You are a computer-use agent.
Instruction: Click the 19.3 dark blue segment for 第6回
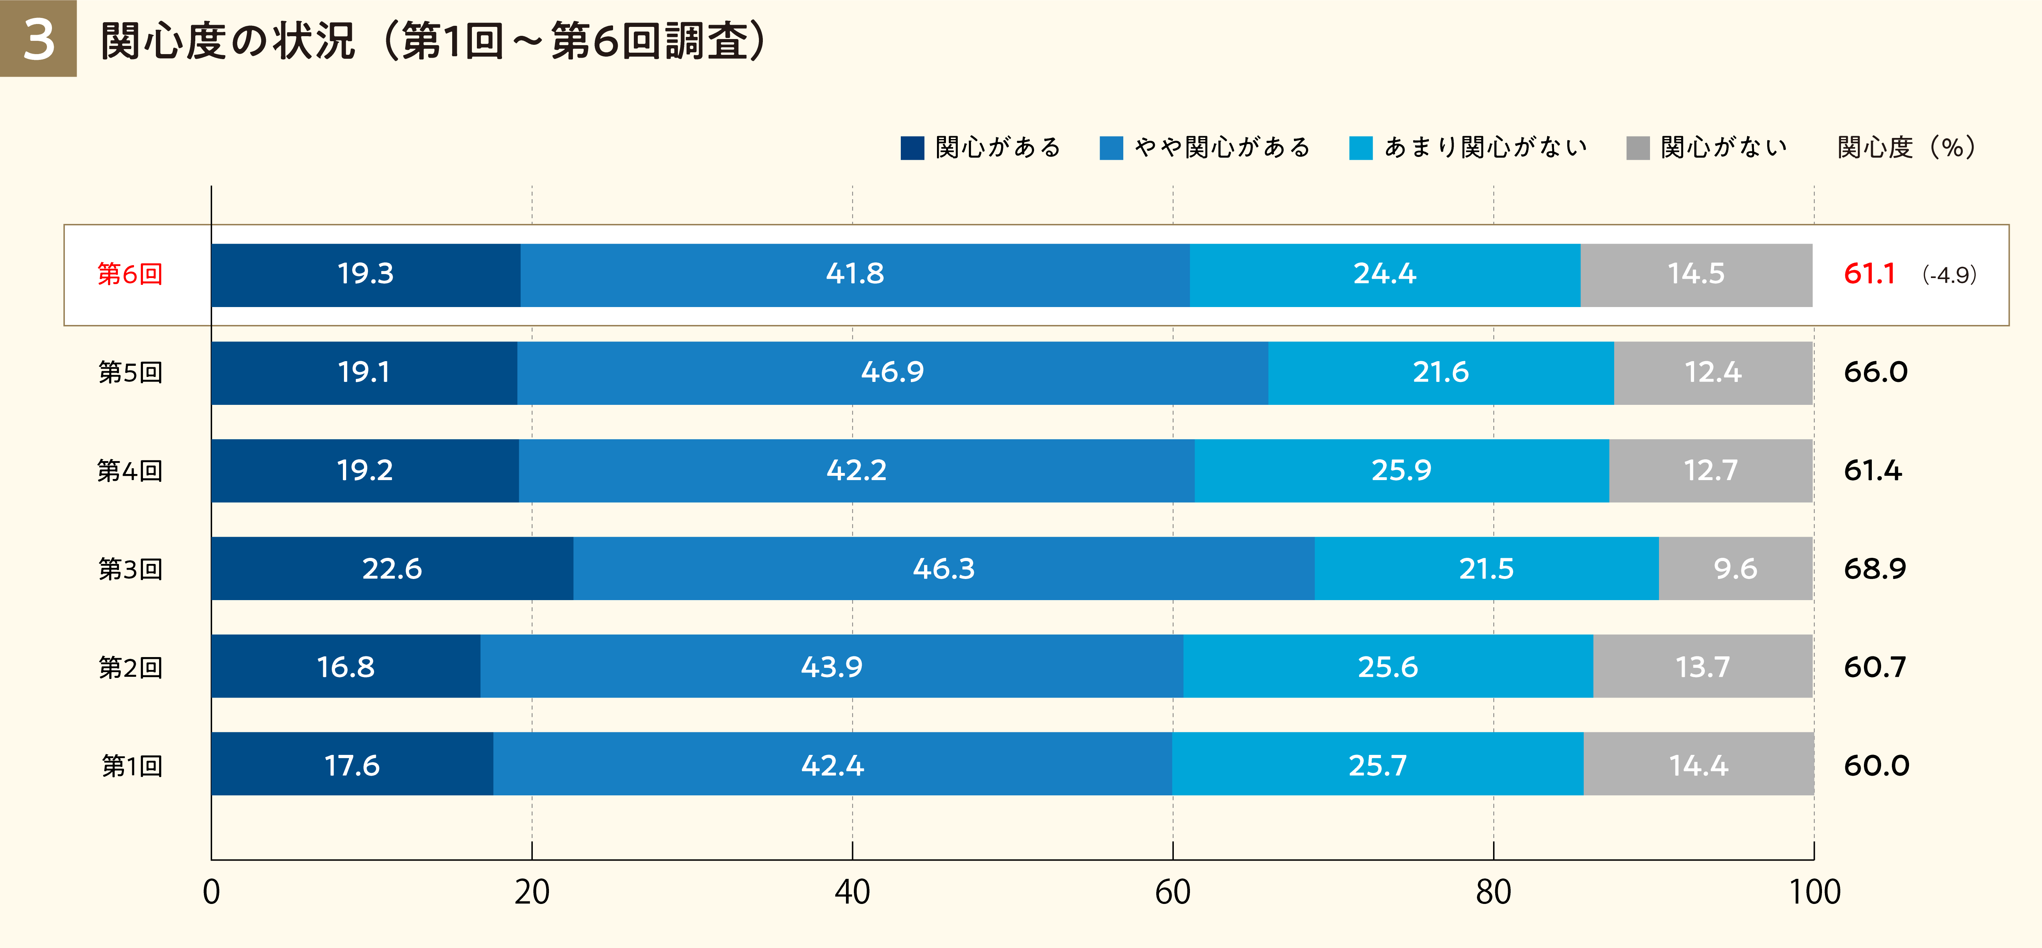365,274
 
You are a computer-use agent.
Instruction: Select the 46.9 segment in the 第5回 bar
893,373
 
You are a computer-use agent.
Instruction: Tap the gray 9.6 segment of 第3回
1735,569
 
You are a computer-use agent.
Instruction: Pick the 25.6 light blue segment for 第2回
1387,667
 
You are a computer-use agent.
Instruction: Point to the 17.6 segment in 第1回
352,766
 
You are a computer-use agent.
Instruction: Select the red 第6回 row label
130,274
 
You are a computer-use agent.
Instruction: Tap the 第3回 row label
130,569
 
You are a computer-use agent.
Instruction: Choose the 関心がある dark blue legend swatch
912,148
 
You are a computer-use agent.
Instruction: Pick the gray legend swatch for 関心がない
1638,148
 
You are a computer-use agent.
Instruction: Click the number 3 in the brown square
38,40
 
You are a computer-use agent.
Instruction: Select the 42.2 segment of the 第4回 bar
856,471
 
